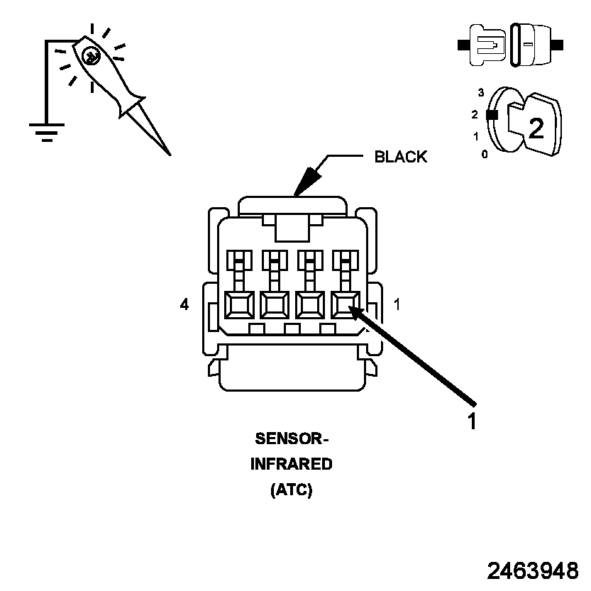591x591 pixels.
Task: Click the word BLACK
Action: tap(401, 157)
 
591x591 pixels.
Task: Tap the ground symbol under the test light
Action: tap(47, 132)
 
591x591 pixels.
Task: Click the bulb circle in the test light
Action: tap(92, 57)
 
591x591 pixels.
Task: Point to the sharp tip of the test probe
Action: tap(170, 155)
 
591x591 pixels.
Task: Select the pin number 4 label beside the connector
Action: tap(184, 304)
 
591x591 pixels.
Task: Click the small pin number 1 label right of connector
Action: tap(397, 304)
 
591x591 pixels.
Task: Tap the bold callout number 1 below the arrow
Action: tap(473, 421)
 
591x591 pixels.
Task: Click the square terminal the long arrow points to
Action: tap(346, 305)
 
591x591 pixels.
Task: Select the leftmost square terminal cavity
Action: tap(239, 305)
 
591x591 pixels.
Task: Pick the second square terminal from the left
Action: tap(275, 305)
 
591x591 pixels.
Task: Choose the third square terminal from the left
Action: tap(310, 305)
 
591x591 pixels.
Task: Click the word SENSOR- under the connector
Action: tap(292, 438)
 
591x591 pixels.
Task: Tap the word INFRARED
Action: tap(292, 464)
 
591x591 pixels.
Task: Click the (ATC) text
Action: tap(292, 490)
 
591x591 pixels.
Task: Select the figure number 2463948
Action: tap(533, 570)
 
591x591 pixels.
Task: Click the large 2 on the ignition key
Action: tap(536, 128)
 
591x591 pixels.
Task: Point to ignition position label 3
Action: tap(481, 93)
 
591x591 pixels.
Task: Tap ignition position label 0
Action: tap(485, 154)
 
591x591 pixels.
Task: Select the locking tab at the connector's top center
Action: tap(292, 228)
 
